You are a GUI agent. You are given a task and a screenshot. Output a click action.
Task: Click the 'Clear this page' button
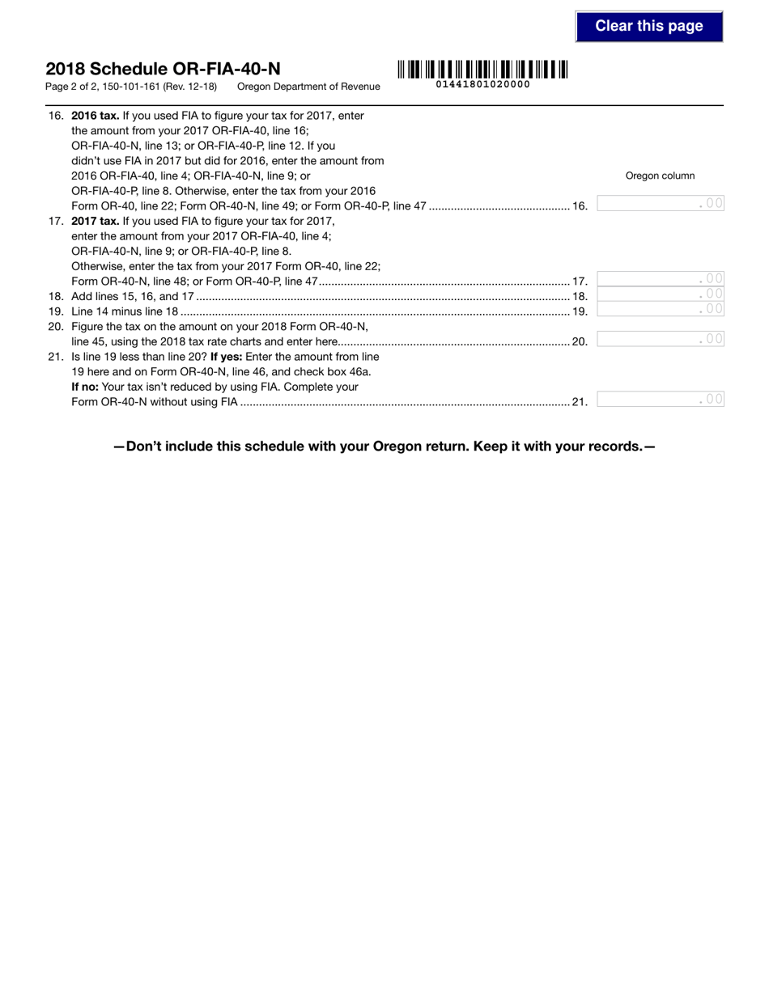[648, 26]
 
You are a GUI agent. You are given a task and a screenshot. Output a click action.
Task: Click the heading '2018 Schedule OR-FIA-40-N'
[163, 70]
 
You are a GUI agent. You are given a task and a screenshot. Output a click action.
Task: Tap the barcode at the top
[482, 70]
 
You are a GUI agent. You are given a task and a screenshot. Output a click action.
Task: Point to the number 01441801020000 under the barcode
[482, 84]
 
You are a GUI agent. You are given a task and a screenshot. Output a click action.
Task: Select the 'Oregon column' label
[660, 176]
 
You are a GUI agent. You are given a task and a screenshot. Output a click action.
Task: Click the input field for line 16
[660, 204]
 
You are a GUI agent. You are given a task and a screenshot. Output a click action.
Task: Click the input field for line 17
[660, 279]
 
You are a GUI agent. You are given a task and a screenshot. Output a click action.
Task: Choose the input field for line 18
[660, 294]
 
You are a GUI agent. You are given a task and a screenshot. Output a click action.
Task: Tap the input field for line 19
[660, 309]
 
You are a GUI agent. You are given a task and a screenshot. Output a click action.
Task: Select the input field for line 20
[660, 339]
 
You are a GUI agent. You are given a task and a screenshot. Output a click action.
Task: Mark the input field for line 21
[660, 399]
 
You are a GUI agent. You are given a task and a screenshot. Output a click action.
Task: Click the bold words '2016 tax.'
[96, 116]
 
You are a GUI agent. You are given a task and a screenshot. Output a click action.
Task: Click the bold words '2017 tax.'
[96, 221]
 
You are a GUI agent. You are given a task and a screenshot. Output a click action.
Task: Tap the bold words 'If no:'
[85, 387]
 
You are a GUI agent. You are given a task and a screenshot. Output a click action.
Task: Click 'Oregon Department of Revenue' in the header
[308, 87]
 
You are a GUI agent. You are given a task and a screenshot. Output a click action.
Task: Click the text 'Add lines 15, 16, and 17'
[133, 297]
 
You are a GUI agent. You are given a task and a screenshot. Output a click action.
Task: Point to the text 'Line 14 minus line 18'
[125, 311]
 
